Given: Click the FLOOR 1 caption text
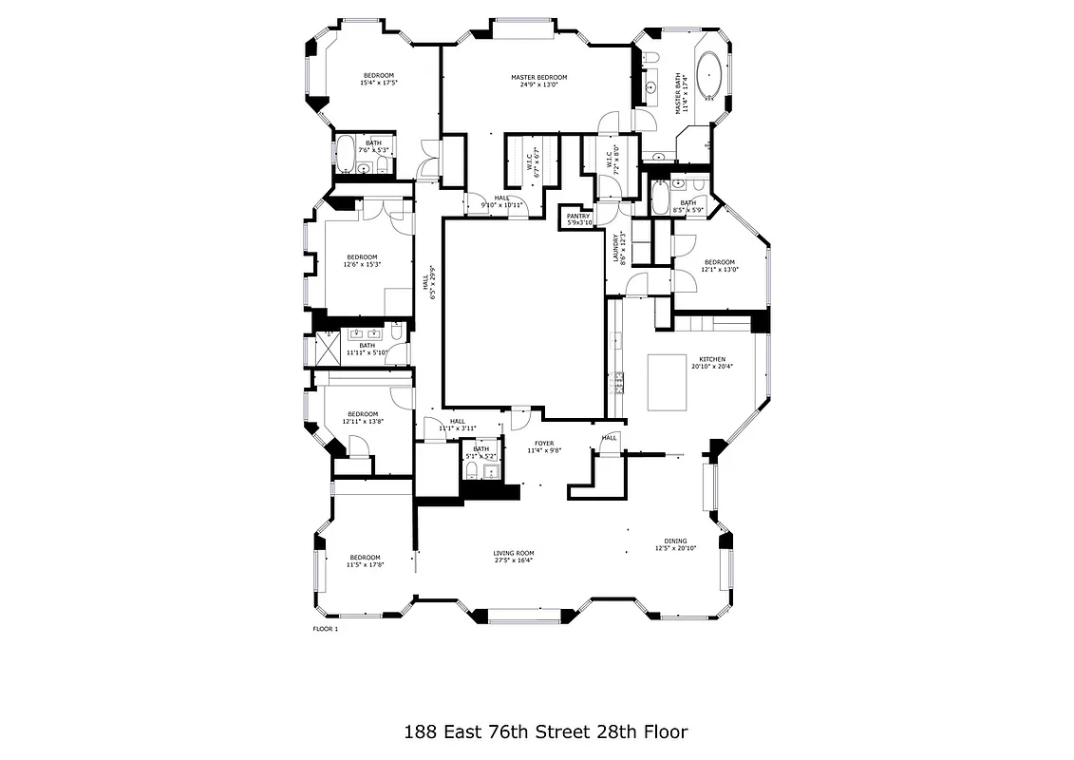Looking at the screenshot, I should pos(326,629).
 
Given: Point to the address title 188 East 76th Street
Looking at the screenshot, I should pos(544,731).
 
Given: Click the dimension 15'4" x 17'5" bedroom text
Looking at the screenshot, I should pos(378,84).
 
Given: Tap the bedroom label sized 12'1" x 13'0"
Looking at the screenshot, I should pos(719,266).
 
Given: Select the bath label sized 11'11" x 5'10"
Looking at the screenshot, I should pos(367,349).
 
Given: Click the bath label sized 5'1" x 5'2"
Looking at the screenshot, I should pos(481,453).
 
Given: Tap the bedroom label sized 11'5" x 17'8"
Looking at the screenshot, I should pos(365,561).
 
